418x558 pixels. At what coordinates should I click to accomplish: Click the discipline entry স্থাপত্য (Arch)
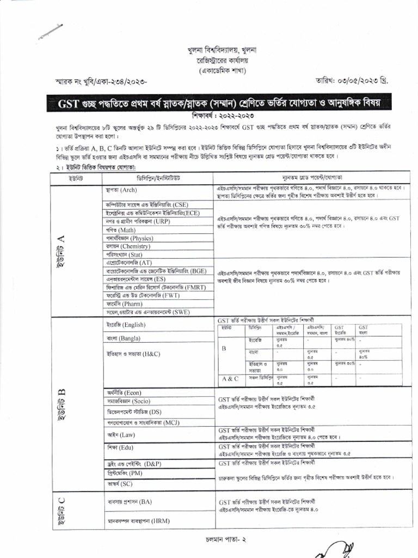coord(121,191)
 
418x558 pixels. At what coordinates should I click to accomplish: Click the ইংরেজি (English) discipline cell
coord(126,325)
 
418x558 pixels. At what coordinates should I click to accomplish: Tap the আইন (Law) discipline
coord(120,435)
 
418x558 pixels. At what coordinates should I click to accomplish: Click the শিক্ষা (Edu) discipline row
coord(120,447)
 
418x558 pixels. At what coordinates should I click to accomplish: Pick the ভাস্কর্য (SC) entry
coord(119,483)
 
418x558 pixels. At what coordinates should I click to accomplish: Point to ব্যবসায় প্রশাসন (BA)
coord(130,501)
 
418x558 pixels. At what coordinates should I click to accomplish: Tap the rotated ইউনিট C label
coord(62,512)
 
